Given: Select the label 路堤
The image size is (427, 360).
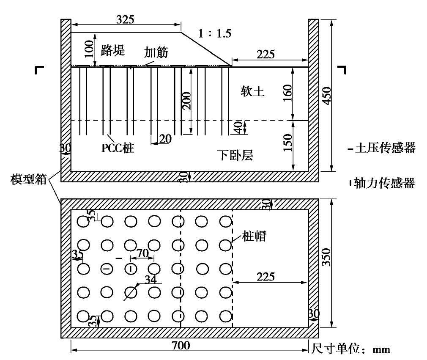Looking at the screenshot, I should pos(113,51).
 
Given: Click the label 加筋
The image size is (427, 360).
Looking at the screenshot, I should pos(156,52).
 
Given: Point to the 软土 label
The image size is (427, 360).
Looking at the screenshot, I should pos(252,92).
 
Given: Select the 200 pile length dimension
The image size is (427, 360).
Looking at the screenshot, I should pos(187,101).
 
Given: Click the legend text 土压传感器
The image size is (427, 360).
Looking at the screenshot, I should pos(385,148).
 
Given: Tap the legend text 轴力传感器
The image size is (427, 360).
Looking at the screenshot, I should pos(385,183).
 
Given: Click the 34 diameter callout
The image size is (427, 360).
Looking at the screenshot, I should pos(150,280).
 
